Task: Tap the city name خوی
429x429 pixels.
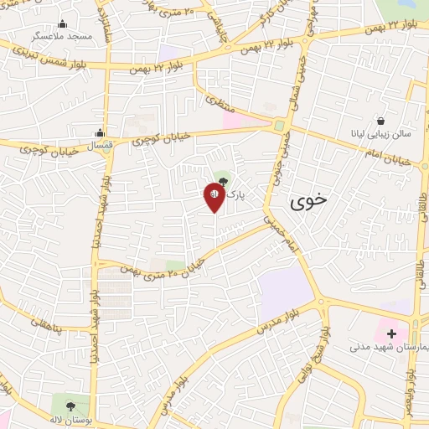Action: click(309, 202)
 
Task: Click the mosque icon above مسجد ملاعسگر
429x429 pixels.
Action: click(62, 23)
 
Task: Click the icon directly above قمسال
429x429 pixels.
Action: click(100, 132)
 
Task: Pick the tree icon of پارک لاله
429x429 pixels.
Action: click(222, 178)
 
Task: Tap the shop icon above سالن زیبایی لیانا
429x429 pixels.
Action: click(381, 121)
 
